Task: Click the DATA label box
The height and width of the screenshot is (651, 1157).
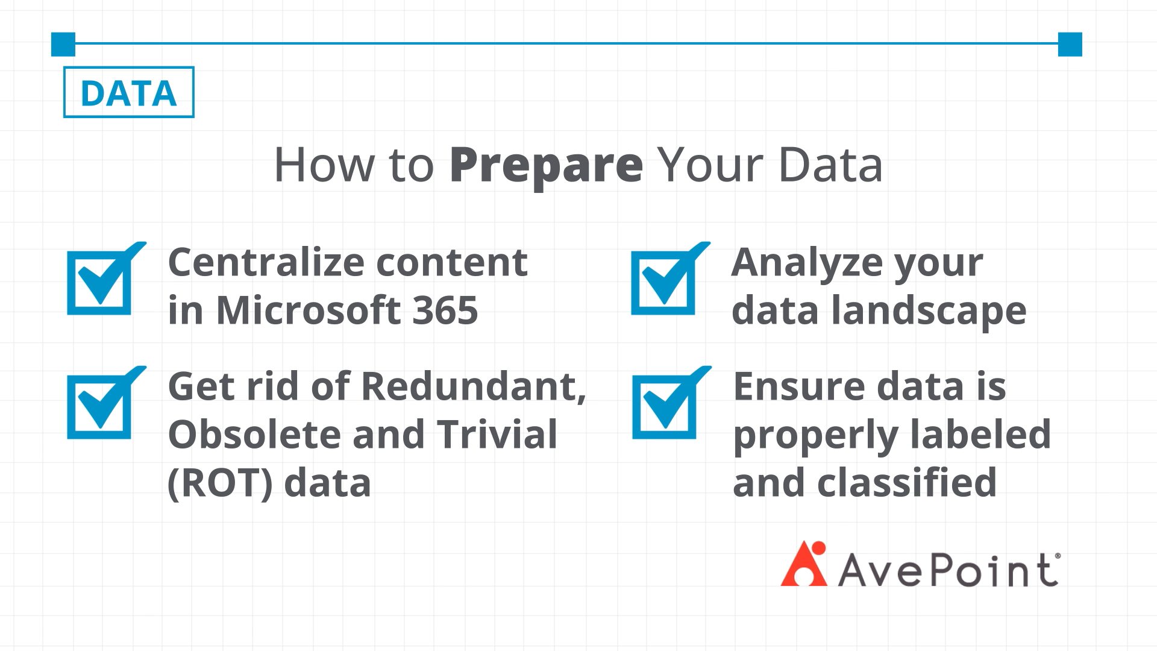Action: [x=128, y=92]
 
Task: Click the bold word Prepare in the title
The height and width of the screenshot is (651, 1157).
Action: [x=547, y=166]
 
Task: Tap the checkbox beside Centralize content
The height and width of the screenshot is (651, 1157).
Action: [x=106, y=278]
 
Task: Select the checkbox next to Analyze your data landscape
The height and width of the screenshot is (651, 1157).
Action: [x=670, y=278]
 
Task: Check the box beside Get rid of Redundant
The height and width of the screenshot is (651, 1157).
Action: [x=106, y=403]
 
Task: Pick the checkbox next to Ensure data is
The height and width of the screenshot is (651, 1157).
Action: [x=671, y=403]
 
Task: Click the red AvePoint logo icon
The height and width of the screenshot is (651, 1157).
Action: [x=804, y=564]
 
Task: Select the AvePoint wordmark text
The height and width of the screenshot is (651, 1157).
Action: [x=948, y=570]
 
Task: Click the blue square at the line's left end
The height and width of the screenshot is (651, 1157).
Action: [x=63, y=44]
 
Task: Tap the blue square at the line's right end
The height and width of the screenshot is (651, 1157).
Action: [x=1070, y=44]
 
